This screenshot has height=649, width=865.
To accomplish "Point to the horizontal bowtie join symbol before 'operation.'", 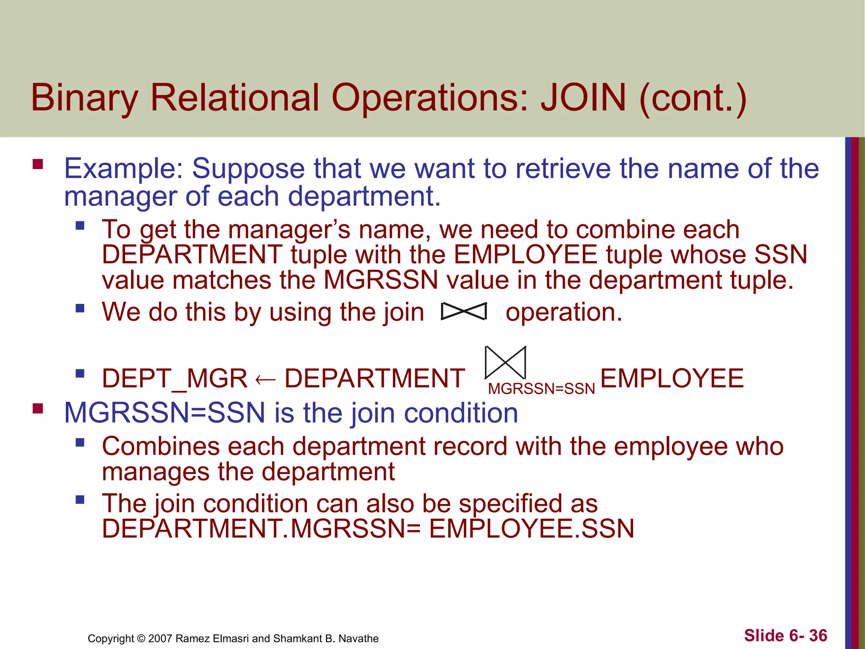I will (464, 311).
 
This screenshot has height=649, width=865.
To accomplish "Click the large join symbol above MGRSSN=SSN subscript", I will (505, 363).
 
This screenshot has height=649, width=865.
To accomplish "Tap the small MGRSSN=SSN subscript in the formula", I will (541, 389).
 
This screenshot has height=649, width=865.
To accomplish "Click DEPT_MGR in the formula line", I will (174, 378).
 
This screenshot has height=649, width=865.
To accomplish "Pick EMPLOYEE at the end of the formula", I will (672, 378).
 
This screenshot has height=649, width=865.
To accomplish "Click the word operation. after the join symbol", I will (564, 312).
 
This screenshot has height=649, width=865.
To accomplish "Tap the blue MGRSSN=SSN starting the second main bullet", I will (165, 413).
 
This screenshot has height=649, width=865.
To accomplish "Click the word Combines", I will (161, 447).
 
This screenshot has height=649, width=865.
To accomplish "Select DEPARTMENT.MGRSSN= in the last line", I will (261, 529).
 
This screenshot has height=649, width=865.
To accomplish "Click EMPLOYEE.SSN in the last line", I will (531, 529).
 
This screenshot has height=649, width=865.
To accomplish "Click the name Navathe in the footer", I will (359, 638).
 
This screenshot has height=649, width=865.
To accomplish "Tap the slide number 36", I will (818, 635).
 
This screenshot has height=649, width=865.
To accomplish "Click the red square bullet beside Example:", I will (38, 164).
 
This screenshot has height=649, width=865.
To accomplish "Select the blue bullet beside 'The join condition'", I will (80, 500).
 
